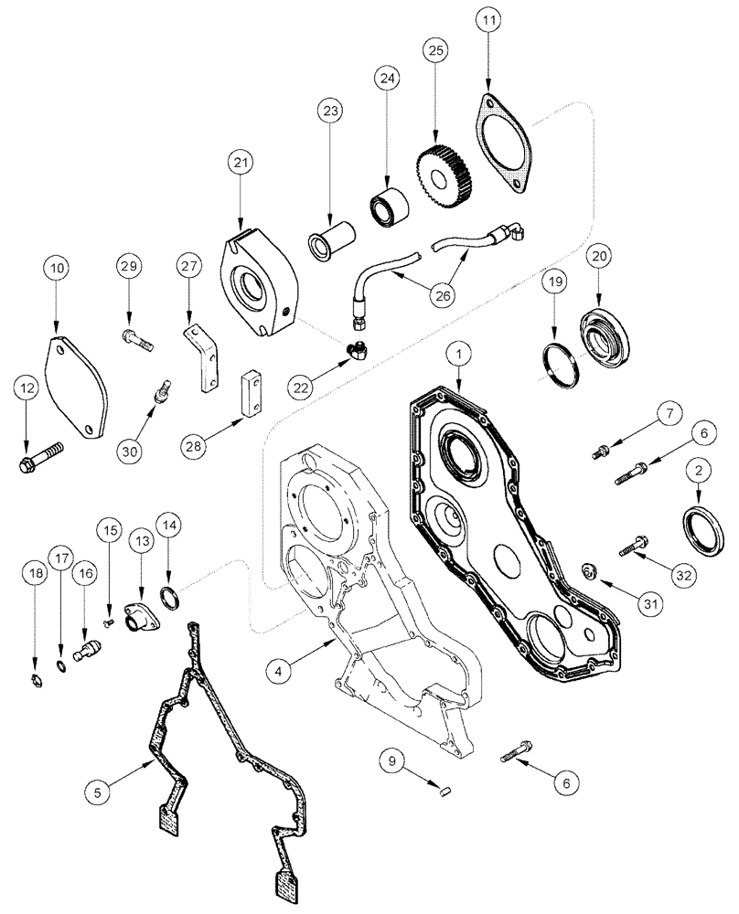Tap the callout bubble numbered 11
click(x=487, y=19)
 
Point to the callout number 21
click(x=241, y=164)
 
